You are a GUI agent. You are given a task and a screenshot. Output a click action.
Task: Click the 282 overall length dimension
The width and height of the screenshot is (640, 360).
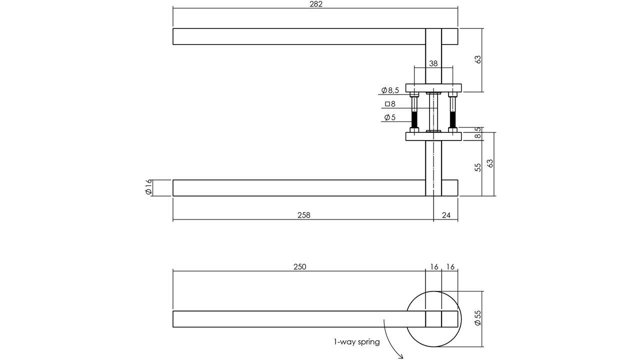coord(316,4)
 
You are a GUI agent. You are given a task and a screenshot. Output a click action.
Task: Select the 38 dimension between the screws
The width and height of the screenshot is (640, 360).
coord(433,63)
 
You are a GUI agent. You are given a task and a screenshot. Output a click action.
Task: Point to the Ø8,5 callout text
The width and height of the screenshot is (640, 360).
coord(390,90)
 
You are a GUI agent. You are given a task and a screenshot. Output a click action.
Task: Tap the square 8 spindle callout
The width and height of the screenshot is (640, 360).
coord(390,104)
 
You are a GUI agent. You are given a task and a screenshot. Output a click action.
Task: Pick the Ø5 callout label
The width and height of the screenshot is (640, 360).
coord(390,117)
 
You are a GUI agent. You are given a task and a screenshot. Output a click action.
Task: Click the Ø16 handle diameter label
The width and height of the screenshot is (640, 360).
coord(148,188)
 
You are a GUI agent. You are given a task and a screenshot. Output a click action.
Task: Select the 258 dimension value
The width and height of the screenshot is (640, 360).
coord(303,215)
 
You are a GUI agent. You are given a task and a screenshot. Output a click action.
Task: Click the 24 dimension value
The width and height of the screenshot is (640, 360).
coord(446,215)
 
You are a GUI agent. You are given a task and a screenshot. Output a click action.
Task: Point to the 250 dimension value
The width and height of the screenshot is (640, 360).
coord(299,267)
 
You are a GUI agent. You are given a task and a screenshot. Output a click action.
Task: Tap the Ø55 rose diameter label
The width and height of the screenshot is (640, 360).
coord(477,318)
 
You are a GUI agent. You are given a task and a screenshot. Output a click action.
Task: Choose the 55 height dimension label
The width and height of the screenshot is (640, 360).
coord(477,167)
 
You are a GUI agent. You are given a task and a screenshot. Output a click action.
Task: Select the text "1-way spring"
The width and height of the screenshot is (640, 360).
coord(357,342)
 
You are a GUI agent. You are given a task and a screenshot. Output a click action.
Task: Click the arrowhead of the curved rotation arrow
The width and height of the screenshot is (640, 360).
coord(400,356)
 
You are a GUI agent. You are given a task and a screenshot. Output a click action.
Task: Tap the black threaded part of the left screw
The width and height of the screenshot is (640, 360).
coord(414,120)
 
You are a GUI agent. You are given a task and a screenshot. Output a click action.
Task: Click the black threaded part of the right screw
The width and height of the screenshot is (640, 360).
coord(452,120)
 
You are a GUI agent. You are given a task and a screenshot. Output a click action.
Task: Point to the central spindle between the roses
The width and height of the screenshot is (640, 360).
coord(433,112)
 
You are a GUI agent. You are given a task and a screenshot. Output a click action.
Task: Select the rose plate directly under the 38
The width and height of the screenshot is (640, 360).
coord(433,88)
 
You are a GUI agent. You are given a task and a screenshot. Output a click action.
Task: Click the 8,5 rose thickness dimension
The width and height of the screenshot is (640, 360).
coord(477,133)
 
